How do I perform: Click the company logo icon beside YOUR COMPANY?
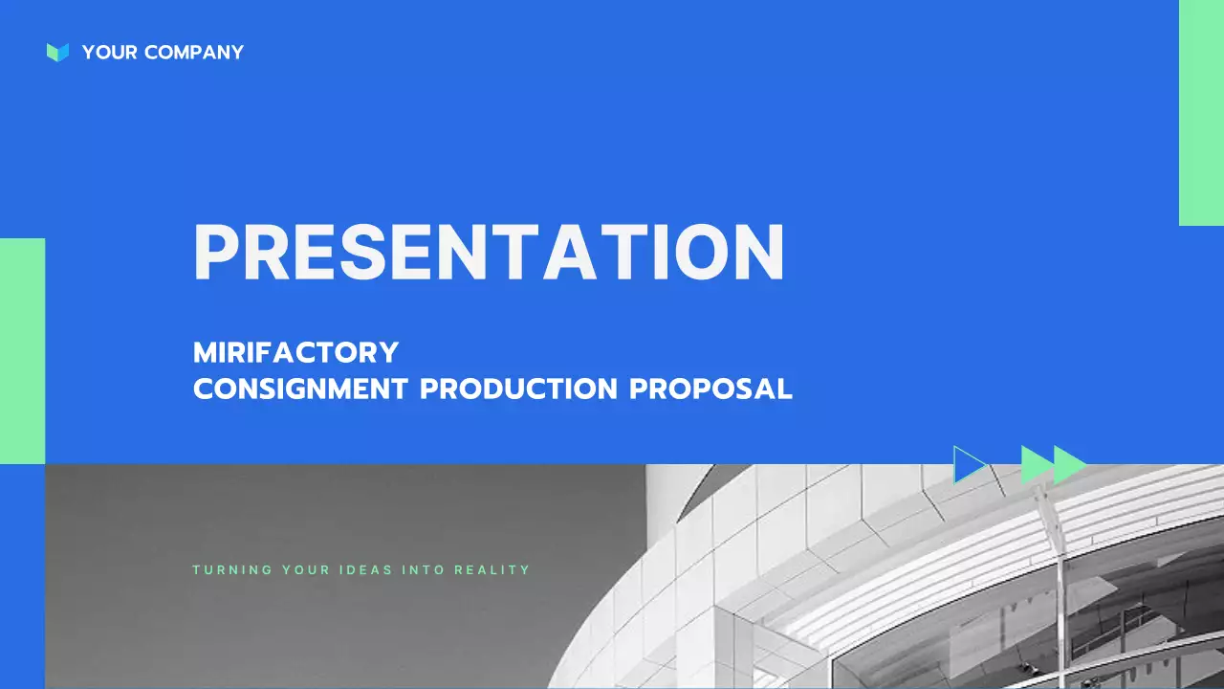pos(57,53)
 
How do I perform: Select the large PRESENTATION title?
pos(489,253)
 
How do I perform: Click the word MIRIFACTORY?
pos(295,352)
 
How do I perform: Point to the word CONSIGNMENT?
pos(300,389)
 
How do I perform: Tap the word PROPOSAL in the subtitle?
pos(710,389)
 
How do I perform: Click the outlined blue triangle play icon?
pos(968,465)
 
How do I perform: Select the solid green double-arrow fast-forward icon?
pos(1053,465)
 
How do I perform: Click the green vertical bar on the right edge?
pos(1201,113)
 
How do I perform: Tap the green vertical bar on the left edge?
pos(22,350)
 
